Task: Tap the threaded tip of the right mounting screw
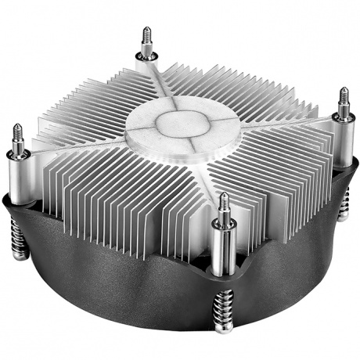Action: click(x=343, y=98)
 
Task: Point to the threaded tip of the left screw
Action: click(x=16, y=133)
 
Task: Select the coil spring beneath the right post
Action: click(x=344, y=205)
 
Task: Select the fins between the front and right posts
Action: click(x=274, y=188)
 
